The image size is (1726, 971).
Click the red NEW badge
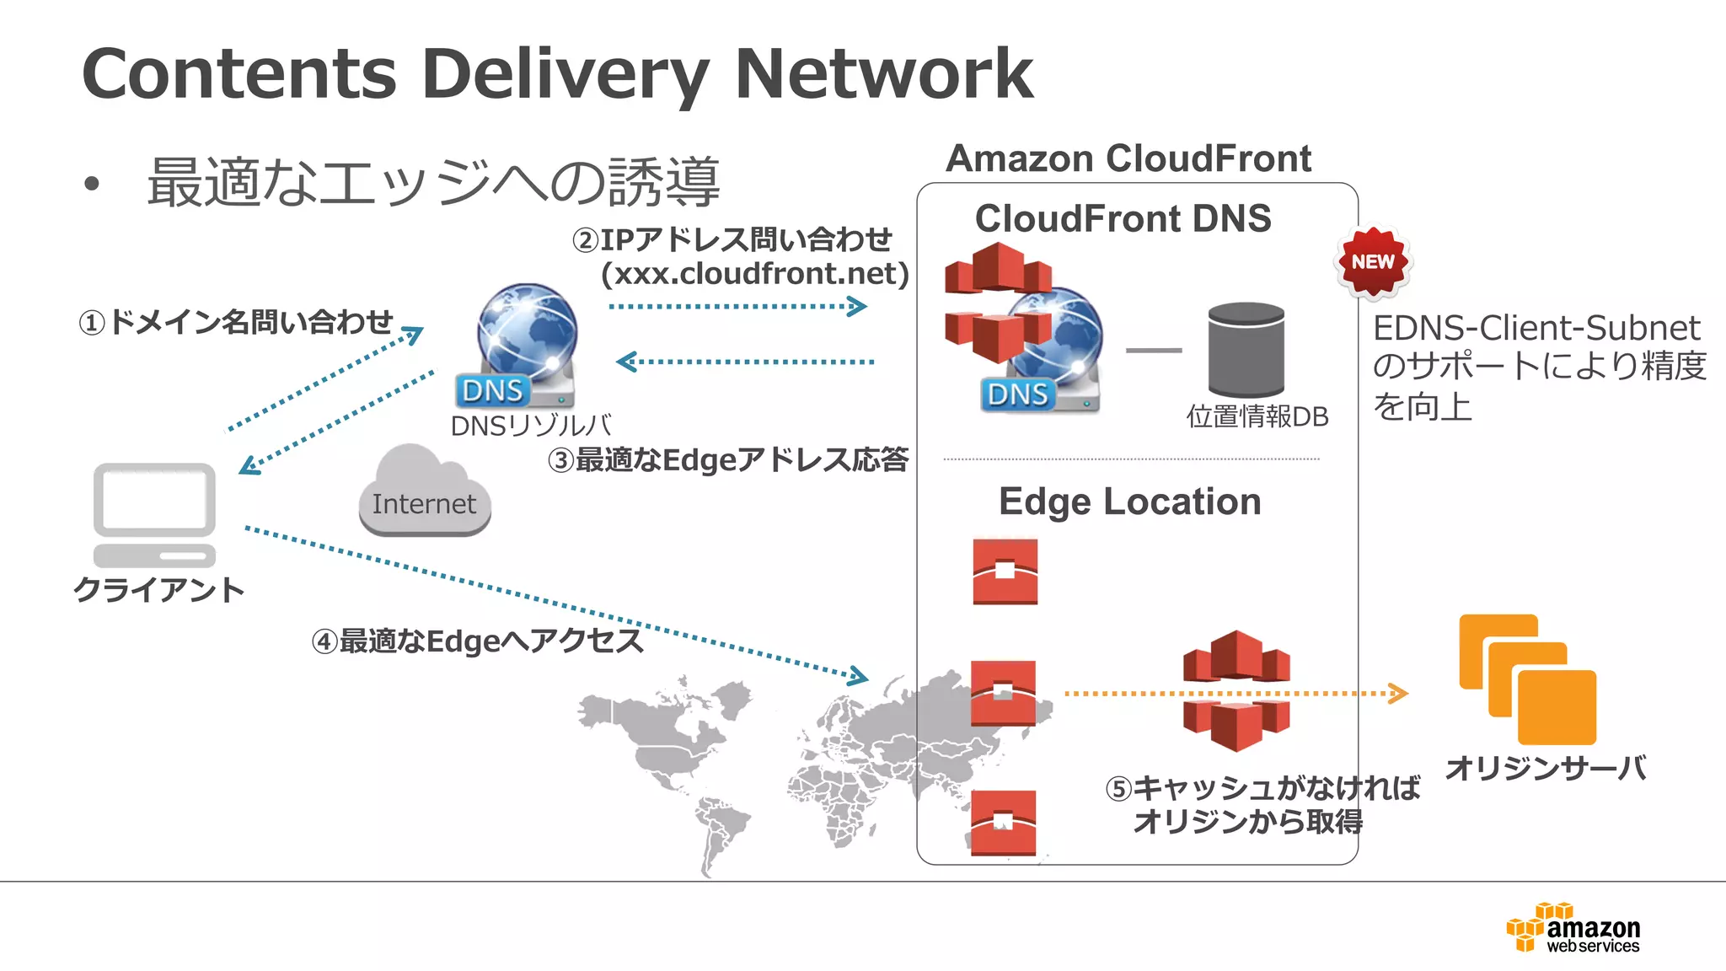pyautogui.click(x=1373, y=262)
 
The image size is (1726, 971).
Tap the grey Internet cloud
pyautogui.click(x=424, y=493)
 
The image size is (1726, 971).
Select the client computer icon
pyautogui.click(x=154, y=514)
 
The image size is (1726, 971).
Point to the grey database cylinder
pyautogui.click(x=1246, y=350)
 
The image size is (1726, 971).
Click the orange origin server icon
pyautogui.click(x=1528, y=679)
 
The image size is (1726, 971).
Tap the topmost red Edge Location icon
pyautogui.click(x=1005, y=571)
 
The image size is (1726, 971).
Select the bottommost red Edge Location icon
pyautogui.click(x=1003, y=822)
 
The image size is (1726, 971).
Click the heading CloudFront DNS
pyautogui.click(x=1123, y=219)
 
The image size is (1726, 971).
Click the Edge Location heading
pyautogui.click(x=1129, y=502)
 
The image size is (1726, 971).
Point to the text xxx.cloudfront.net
pyautogui.click(x=755, y=274)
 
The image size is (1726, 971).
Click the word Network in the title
pyautogui.click(x=883, y=74)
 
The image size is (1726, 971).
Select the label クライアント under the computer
pyautogui.click(x=158, y=589)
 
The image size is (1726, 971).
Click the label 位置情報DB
pyautogui.click(x=1257, y=416)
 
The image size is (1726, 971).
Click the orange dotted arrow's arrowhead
pyautogui.click(x=1399, y=694)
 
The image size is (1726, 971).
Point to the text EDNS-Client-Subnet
pyautogui.click(x=1536, y=328)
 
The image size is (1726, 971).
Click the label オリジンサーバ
pyautogui.click(x=1546, y=768)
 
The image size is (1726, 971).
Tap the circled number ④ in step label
pyautogui.click(x=324, y=642)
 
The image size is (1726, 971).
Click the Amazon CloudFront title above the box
pyautogui.click(x=1128, y=158)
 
